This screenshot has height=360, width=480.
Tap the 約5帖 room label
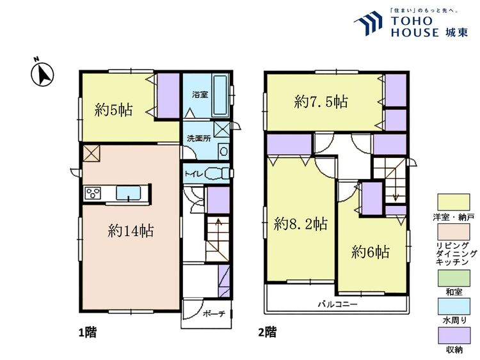[113, 110]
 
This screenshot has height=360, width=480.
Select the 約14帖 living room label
[130, 231]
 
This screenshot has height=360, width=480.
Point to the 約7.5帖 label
[321, 101]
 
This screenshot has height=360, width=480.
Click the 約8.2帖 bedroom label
[301, 224]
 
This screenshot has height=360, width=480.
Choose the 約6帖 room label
[371, 253]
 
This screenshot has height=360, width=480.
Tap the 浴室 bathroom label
[200, 95]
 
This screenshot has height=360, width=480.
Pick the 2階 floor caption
[267, 333]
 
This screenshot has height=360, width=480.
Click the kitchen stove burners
[92, 192]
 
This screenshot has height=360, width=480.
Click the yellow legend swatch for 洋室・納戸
[454, 203]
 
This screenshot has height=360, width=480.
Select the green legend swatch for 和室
[454, 278]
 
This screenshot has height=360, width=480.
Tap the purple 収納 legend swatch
[454, 334]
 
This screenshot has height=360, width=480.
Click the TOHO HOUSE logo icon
[370, 24]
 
